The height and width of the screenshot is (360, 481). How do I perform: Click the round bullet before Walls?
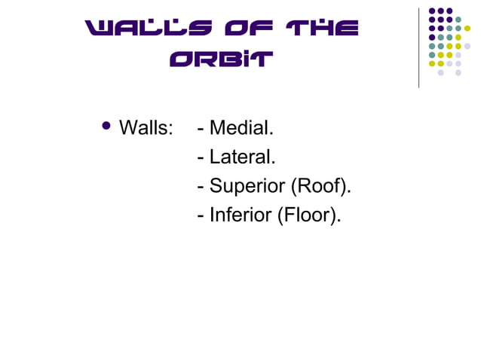click(106, 126)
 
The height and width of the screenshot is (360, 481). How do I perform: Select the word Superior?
click(247, 187)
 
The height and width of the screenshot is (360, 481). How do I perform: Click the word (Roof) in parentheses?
click(321, 187)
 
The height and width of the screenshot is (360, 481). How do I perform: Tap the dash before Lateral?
click(200, 158)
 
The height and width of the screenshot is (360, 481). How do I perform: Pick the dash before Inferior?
click(200, 216)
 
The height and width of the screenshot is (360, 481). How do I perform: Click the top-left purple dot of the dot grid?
click(432, 11)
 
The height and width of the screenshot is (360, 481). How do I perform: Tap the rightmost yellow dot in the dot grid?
click(467, 29)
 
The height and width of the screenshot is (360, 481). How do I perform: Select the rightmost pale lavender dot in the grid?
click(467, 46)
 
